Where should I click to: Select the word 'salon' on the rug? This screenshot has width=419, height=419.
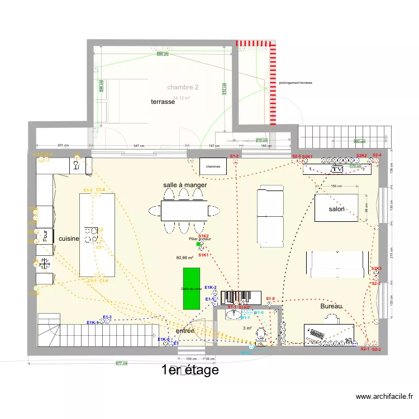coord(336,209)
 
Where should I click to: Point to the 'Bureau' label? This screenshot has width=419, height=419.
coord(331,307)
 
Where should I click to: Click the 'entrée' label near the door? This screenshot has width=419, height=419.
coord(185,331)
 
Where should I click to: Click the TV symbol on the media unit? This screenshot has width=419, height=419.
coord(337,169)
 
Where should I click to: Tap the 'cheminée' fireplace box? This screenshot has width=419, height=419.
coord(213,166)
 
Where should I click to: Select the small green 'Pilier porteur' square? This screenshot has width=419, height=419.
coord(198,244)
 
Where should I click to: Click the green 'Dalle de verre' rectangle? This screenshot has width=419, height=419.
coord(192,288)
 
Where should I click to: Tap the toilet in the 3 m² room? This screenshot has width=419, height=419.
coord(260,335)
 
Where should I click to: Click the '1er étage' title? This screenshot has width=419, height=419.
coord(189,370)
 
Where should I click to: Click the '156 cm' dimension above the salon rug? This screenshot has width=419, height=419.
coord(336,186)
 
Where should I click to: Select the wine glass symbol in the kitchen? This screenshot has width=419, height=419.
coord(75,165)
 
